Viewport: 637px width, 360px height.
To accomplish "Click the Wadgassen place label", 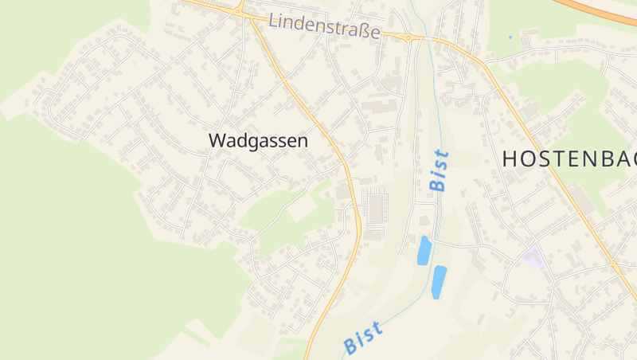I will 258,140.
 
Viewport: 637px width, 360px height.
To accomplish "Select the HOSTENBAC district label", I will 569,158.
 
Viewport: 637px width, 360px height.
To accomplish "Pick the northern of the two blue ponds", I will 424,250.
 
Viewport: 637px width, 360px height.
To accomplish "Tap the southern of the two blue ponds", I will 438,282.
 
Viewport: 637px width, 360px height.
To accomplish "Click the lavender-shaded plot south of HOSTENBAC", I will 533,257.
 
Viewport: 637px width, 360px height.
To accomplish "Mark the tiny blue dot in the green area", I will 510,37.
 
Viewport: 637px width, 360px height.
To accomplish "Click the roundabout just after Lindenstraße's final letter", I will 408,37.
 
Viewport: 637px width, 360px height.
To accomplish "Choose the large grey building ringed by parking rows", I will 375,209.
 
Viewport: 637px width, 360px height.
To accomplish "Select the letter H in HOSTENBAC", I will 511,158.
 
